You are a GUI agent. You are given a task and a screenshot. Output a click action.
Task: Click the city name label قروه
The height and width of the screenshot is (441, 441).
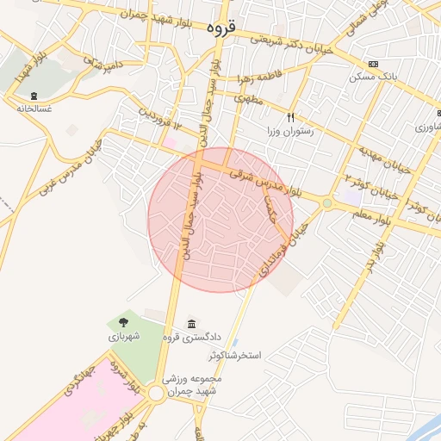click(x=220, y=28)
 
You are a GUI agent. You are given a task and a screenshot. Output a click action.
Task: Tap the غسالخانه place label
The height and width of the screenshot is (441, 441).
click(x=34, y=109)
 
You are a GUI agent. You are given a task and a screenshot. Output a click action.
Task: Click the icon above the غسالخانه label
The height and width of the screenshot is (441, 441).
click(x=34, y=96)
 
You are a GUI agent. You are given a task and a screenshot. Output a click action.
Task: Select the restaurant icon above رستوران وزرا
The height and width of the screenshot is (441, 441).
click(x=291, y=117)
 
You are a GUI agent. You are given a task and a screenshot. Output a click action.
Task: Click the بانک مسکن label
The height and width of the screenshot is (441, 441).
click(x=372, y=78)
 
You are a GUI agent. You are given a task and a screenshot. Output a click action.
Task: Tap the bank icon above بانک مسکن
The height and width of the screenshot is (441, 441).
click(x=372, y=65)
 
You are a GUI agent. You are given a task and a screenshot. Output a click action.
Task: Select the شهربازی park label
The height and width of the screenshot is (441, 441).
click(x=122, y=338)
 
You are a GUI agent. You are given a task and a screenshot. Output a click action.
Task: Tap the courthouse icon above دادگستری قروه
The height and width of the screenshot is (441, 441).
click(x=189, y=323)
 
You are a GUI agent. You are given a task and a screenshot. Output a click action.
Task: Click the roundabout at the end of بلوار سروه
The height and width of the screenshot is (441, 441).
click(x=156, y=394)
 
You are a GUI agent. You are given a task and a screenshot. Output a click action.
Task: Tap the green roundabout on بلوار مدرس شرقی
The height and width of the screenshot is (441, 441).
click(x=328, y=203)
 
